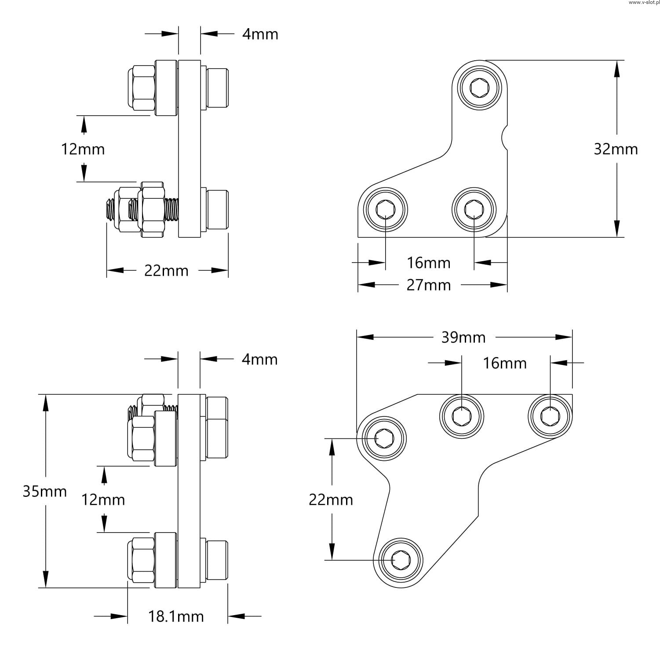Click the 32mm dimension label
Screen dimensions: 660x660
616,149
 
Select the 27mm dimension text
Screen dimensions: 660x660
429,285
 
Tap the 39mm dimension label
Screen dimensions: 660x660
463,337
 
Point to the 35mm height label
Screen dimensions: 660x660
44,491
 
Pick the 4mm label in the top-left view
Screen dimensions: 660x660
260,34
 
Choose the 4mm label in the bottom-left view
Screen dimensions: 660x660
259,359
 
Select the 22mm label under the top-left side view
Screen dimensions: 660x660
166,270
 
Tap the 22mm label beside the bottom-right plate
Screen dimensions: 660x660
331,500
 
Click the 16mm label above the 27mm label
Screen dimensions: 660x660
429,263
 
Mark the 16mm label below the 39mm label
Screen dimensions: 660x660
505,363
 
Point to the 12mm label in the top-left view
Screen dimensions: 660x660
83,149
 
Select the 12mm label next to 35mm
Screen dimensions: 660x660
103,500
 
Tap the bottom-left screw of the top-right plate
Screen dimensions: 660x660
386,209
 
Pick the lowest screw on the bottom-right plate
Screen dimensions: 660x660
401,560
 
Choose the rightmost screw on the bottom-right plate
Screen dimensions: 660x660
550,416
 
